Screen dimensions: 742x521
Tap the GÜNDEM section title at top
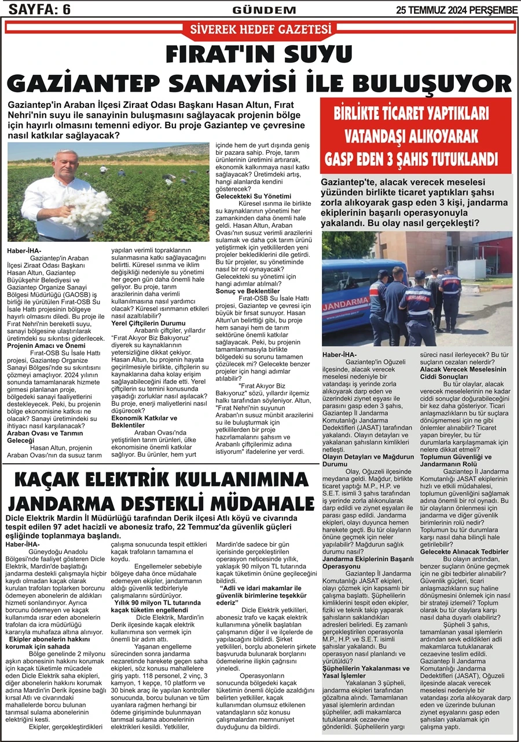[x=263, y=10]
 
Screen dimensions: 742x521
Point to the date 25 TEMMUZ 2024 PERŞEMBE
[x=457, y=10]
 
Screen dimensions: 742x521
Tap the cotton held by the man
[x=86, y=205]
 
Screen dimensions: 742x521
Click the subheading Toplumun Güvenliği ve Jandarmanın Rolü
[x=463, y=461]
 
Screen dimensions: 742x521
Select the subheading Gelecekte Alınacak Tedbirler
[x=464, y=552]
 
